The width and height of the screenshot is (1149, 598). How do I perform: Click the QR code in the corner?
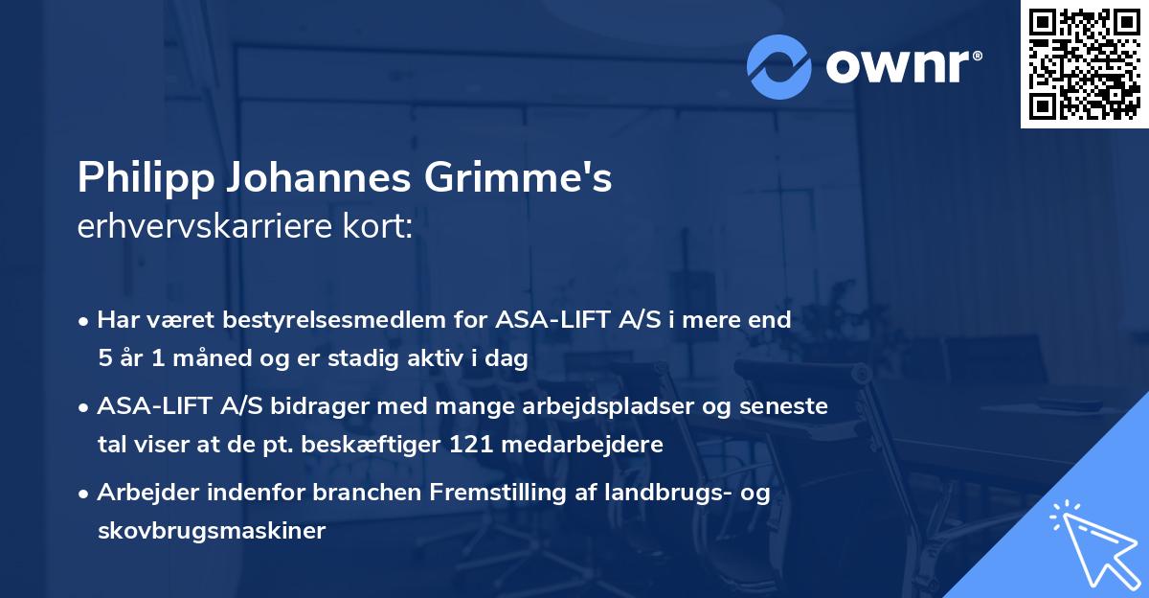coord(1084,64)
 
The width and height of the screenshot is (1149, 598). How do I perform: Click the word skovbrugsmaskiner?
coord(212,530)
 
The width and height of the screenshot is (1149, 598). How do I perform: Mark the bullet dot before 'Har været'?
coord(85,321)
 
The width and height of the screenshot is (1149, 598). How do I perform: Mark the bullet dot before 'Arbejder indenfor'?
coord(85,494)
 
